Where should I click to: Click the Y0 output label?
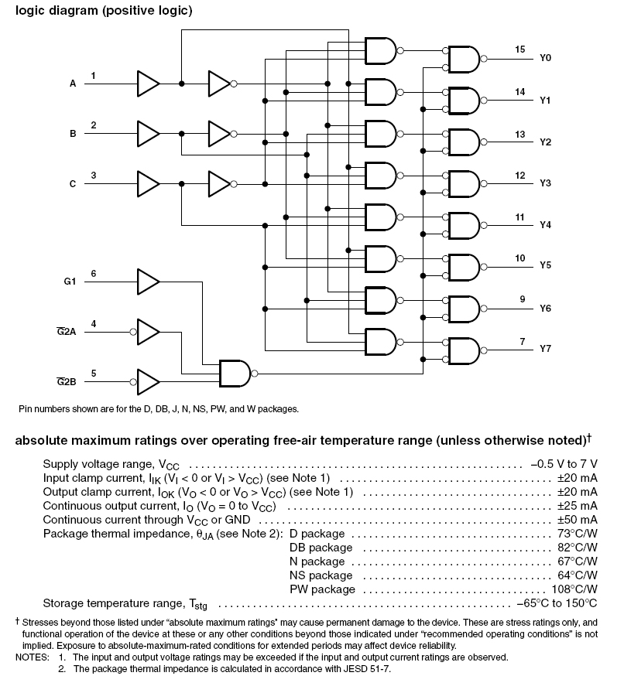tap(545, 58)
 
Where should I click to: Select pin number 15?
tap(520, 49)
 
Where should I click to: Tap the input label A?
tap(73, 84)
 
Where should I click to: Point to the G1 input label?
tap(70, 282)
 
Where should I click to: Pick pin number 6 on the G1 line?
tap(94, 274)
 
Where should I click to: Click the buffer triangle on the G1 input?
tap(148, 282)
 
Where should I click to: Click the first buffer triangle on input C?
tap(148, 183)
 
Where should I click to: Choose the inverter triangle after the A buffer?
tap(219, 83)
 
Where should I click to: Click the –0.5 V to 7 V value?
tap(564, 464)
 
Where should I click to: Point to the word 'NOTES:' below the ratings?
tap(31, 657)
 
